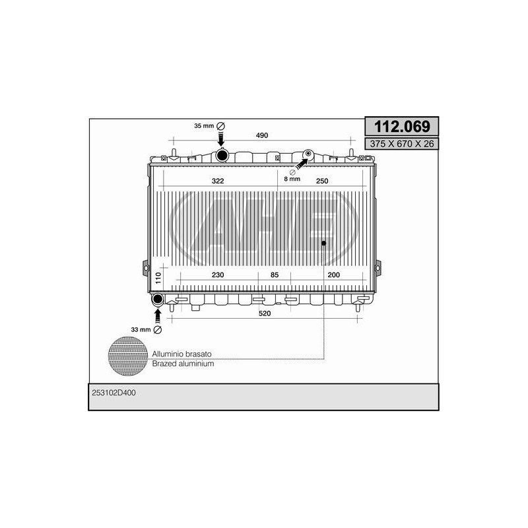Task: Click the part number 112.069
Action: tap(402, 127)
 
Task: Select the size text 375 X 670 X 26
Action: tap(402, 144)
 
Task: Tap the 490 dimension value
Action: tap(261, 135)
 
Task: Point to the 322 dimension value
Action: tap(218, 181)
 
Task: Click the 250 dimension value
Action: tap(322, 181)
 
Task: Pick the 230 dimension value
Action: tap(218, 275)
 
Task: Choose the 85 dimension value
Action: tap(275, 275)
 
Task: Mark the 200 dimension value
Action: tap(334, 275)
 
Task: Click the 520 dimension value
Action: tap(265, 313)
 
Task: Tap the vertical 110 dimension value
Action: tap(158, 278)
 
